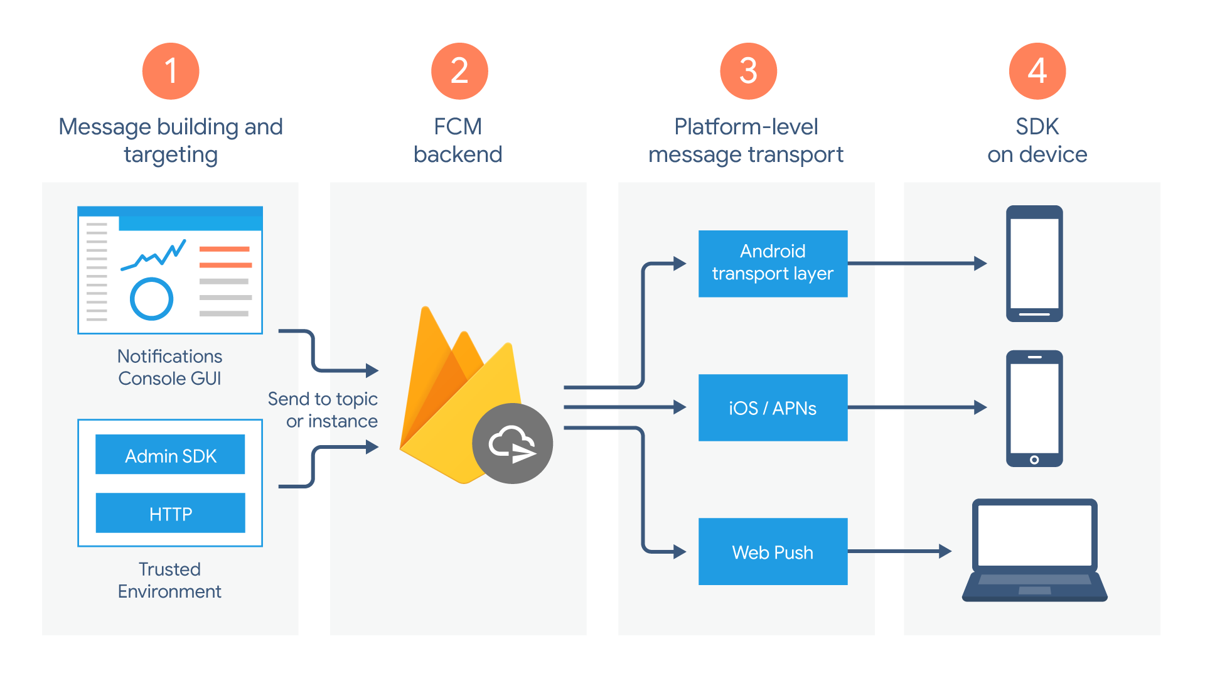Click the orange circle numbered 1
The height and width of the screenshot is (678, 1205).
(171, 71)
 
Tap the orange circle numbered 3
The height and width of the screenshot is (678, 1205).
(748, 71)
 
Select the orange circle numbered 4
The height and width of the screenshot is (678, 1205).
(1037, 71)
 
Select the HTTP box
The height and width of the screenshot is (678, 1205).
(170, 513)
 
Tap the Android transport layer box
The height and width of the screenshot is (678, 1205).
(773, 263)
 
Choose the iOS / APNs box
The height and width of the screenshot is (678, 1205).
(773, 407)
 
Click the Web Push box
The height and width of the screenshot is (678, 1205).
(773, 551)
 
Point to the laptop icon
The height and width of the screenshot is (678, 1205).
(1034, 549)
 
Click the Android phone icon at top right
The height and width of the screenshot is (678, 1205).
(1034, 263)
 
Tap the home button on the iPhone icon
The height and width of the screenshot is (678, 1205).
(1034, 460)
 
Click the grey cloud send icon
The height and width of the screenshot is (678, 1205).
(512, 443)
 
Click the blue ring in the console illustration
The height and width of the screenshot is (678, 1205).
(151, 299)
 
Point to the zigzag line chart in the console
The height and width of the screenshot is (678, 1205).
(154, 254)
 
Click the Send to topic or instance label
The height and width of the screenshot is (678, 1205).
(323, 409)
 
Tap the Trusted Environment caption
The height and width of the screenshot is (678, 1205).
(169, 580)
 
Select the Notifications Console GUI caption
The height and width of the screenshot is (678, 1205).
(169, 367)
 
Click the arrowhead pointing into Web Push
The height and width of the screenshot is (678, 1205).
(680, 552)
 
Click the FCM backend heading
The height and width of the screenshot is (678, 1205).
(458, 140)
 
